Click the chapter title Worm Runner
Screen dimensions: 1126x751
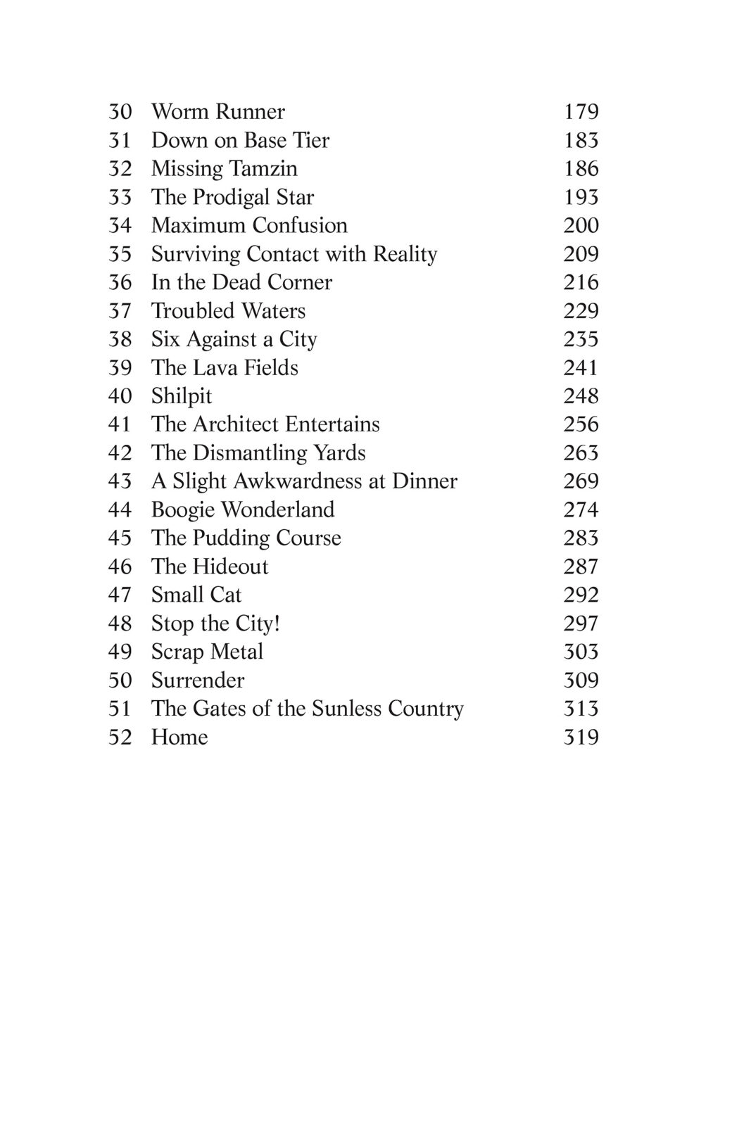click(x=217, y=112)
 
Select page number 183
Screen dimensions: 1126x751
click(x=581, y=141)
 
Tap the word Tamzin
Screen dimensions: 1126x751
click(x=265, y=169)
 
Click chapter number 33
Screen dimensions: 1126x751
click(x=120, y=197)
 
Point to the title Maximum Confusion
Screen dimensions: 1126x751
click(x=249, y=225)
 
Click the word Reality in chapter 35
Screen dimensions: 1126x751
click(x=405, y=254)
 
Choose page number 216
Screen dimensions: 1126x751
click(x=581, y=282)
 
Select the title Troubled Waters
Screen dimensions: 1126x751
click(x=228, y=311)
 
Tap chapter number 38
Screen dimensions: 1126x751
click(x=120, y=339)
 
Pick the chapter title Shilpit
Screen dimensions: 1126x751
click(x=181, y=396)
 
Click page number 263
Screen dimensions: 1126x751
click(x=581, y=453)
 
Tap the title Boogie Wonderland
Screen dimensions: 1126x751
click(x=243, y=510)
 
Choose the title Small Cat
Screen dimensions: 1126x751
click(x=196, y=595)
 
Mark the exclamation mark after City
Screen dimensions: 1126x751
click(x=277, y=624)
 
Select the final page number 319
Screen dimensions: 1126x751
click(x=581, y=737)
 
